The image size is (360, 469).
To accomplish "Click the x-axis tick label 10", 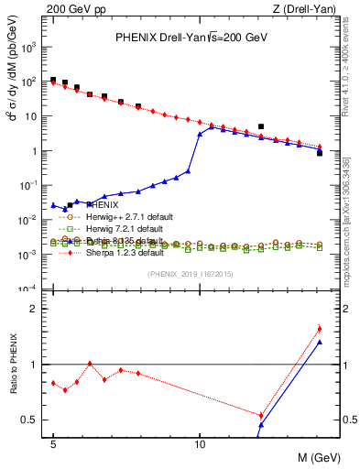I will [x=200, y=442].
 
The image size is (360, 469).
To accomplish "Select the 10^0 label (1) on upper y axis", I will [x=37, y=151].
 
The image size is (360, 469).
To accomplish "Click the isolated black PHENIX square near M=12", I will [x=261, y=126].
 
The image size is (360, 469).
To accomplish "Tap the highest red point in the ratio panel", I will [x=319, y=329].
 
